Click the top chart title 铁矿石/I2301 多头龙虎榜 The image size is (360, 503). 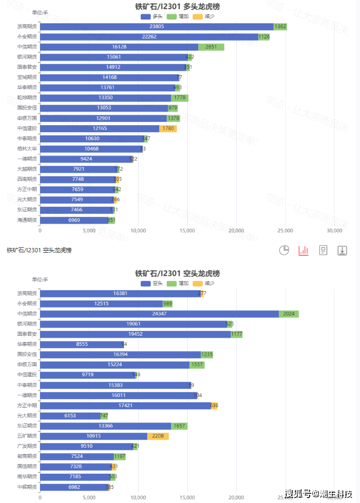[178, 6]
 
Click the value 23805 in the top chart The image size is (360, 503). [156, 27]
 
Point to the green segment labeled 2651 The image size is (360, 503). [211, 47]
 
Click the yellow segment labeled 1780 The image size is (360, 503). [168, 128]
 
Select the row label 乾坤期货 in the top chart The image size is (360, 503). [27, 97]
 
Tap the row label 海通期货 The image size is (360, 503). [27, 220]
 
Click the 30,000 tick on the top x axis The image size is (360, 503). [335, 230]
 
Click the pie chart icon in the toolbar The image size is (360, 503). [284, 250]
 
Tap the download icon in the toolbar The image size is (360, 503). [342, 250]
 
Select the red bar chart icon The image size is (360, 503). [303, 250]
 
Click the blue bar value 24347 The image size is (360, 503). [159, 314]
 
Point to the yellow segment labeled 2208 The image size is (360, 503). [158, 436]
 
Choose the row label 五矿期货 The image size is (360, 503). [27, 436]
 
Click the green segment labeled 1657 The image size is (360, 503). [179, 426]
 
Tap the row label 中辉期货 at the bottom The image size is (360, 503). [27, 487]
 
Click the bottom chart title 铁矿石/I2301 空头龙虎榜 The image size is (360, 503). [178, 273]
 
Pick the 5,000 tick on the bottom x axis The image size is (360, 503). [89, 497]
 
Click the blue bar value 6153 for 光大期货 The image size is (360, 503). [70, 415]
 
